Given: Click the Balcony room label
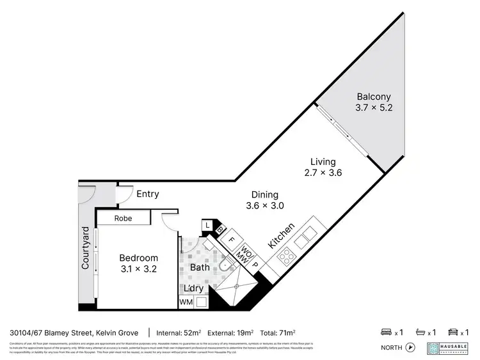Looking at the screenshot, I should [x=374, y=97].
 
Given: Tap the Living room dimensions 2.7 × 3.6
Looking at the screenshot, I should [x=323, y=173].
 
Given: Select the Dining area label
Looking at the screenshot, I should [x=264, y=194].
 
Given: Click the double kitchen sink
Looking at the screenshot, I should [x=306, y=236].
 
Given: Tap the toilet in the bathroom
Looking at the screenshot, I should [x=224, y=265].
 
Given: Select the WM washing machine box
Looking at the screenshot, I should [x=186, y=301].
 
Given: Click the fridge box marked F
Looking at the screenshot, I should [x=232, y=242].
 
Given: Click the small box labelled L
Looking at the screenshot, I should [x=207, y=225].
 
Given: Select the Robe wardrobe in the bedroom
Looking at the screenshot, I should [x=123, y=218].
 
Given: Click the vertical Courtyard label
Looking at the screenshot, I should [x=84, y=247].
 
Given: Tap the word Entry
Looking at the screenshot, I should [x=148, y=194].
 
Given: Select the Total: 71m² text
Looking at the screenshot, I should [x=277, y=333].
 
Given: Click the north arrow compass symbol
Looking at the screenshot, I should [x=411, y=348].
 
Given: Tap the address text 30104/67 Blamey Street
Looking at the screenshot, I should [x=51, y=333].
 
